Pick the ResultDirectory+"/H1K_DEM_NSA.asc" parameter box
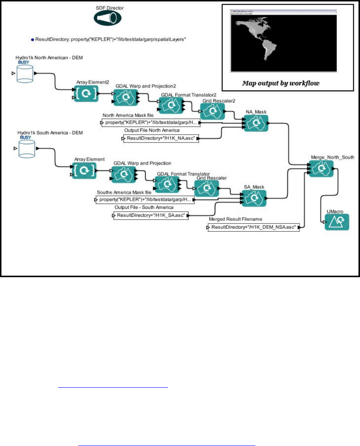point(254,228)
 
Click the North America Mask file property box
point(151,123)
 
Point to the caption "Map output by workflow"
point(281,83)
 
